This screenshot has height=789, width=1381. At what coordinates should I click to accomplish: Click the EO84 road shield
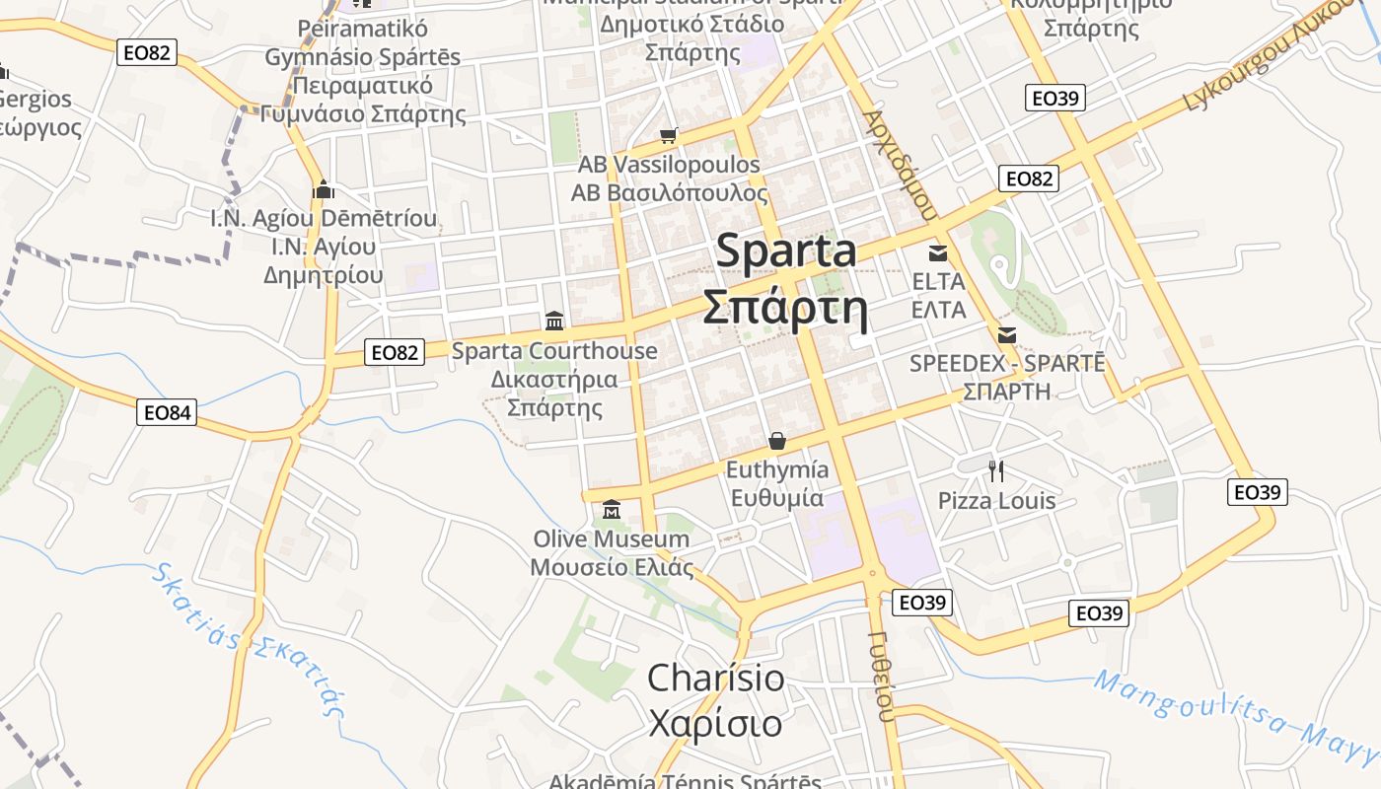(167, 412)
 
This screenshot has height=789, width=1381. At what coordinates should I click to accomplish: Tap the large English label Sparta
(786, 251)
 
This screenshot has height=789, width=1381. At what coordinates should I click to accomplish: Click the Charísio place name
(716, 679)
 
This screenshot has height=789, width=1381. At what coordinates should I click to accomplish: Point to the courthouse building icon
(554, 321)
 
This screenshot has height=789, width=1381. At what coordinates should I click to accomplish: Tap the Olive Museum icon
(612, 510)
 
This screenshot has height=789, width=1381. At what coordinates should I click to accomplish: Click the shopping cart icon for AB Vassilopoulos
(669, 135)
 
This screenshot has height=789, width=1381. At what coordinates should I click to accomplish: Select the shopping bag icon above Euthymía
(777, 440)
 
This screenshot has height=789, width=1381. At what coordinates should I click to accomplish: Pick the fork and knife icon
(996, 470)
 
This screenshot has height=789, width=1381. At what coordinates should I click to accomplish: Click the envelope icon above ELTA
(937, 252)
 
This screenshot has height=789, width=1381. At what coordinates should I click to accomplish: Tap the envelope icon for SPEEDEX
(1007, 335)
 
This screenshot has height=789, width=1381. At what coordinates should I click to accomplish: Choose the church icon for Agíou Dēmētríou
(323, 188)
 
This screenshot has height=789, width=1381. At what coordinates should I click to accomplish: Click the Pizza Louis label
(996, 501)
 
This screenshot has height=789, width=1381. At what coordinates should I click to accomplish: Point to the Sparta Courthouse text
(554, 351)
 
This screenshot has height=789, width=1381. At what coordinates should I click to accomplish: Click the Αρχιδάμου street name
(898, 164)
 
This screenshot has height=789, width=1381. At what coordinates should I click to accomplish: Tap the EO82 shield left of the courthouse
(395, 352)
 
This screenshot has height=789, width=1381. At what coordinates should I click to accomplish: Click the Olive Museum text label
(612, 539)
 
